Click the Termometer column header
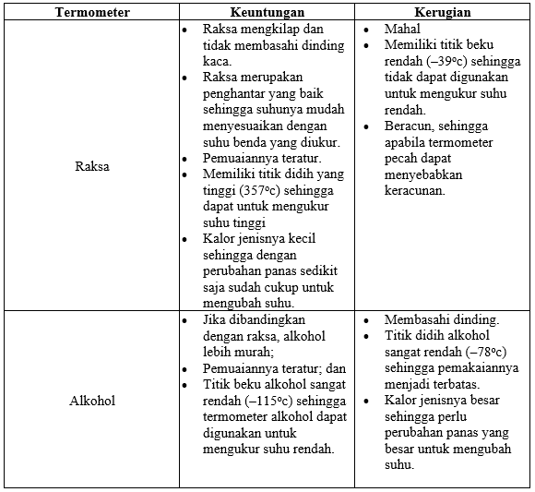point(92,13)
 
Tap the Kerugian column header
point(443,13)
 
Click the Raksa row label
point(92,168)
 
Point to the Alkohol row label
point(92,401)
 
